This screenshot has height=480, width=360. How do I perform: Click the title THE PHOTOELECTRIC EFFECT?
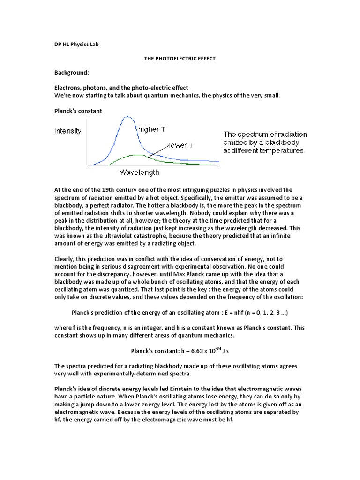(180, 59)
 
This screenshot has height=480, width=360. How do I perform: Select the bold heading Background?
(71, 73)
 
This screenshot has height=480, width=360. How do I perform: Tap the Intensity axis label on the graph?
(68, 131)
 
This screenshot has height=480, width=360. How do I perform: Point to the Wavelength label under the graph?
(139, 172)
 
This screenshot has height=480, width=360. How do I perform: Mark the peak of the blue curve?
(127, 117)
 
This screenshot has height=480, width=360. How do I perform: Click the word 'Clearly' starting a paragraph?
(66, 259)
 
